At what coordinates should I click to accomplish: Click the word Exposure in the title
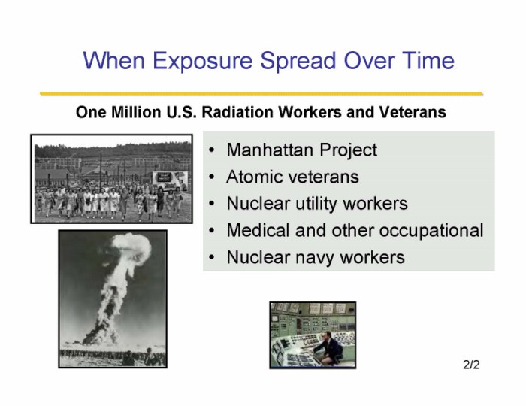pyautogui.click(x=202, y=61)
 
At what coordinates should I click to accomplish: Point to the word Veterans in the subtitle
pyautogui.click(x=413, y=112)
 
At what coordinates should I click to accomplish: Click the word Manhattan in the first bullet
pyautogui.click(x=270, y=150)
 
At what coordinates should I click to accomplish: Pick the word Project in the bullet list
pyautogui.click(x=348, y=150)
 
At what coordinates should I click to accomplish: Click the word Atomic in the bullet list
pyautogui.click(x=255, y=177)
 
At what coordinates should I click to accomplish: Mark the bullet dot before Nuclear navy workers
pyautogui.click(x=211, y=258)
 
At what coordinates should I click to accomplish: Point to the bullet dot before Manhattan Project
pyautogui.click(x=211, y=150)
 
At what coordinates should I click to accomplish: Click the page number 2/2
pyautogui.click(x=471, y=365)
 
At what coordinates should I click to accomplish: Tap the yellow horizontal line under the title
pyautogui.click(x=261, y=94)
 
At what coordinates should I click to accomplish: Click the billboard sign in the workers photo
pyautogui.click(x=170, y=180)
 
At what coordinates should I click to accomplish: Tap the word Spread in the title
pyautogui.click(x=298, y=61)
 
